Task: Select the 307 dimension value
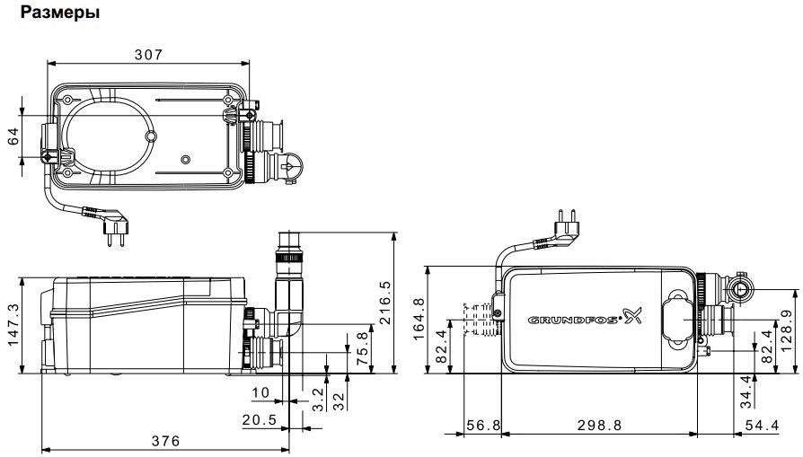(x=148, y=55)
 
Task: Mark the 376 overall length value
(x=165, y=441)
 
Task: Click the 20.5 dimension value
(x=258, y=419)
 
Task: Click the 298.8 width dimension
(x=599, y=426)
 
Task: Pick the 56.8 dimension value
(x=481, y=426)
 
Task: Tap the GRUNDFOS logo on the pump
(x=582, y=317)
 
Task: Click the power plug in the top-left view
(x=111, y=232)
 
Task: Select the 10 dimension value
(x=260, y=393)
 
